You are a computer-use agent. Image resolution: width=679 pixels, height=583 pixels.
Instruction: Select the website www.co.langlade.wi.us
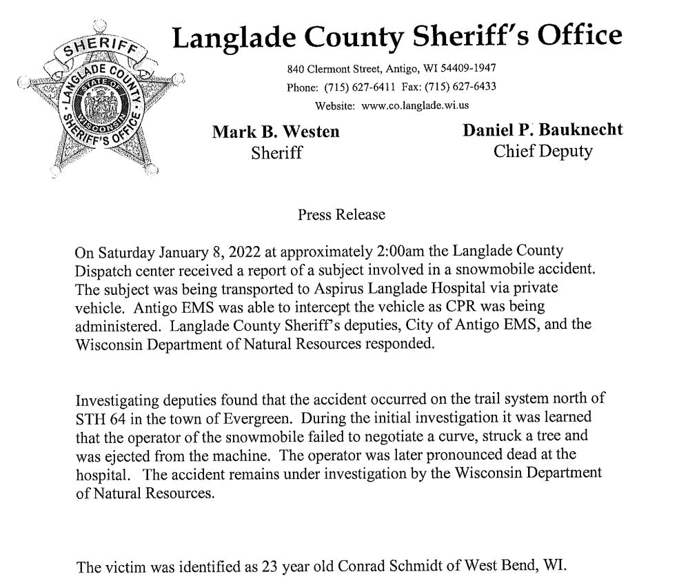pos(415,105)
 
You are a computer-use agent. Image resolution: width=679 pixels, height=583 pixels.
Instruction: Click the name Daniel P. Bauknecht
pos(543,130)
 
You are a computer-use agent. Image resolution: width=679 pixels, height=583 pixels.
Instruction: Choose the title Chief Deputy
pos(543,151)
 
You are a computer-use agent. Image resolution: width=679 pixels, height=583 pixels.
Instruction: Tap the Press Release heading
pos(341,215)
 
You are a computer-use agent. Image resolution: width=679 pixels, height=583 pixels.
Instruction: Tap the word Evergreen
pos(264,418)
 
